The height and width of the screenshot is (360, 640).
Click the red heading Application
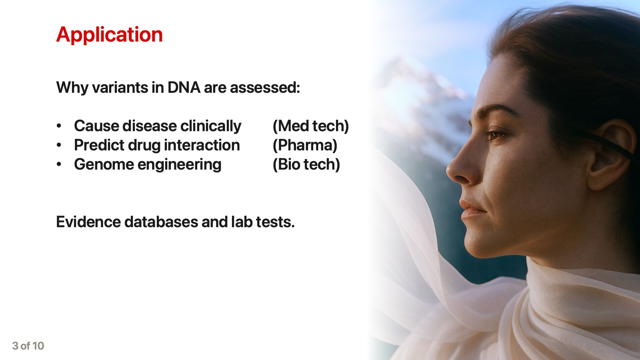pos(110,35)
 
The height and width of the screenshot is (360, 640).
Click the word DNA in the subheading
pos(184,88)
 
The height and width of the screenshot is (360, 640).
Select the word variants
pos(120,88)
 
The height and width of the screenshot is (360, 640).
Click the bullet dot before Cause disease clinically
pos(59,126)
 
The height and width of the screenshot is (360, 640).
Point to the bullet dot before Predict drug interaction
pos(59,145)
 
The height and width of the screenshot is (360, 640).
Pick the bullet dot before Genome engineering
pos(59,164)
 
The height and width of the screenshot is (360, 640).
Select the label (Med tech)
pos(311,126)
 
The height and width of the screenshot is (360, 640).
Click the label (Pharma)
pos(305,145)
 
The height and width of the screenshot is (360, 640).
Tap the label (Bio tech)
pos(306,164)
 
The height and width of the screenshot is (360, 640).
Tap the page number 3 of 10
pos(28,346)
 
